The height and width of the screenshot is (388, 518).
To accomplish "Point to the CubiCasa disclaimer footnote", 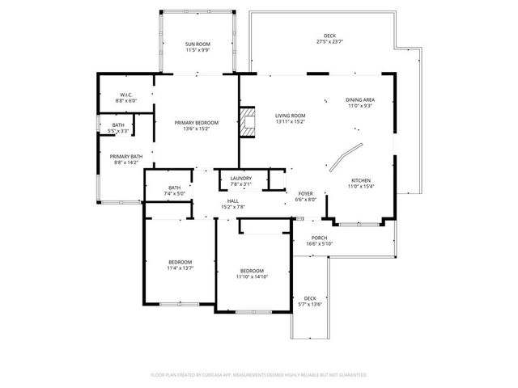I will [x=259, y=375].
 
